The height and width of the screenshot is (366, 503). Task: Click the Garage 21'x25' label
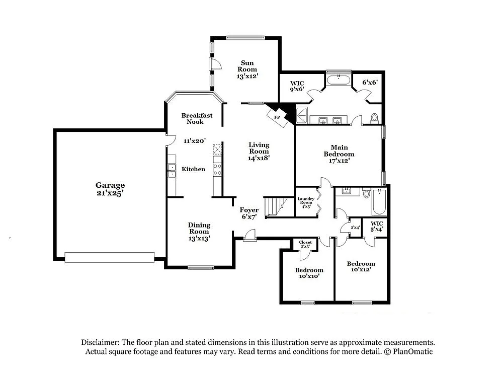(110, 189)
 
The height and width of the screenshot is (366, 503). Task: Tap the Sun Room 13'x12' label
(247, 69)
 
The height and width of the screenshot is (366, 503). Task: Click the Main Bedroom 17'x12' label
(339, 154)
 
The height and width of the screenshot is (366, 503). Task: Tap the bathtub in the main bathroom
(339, 79)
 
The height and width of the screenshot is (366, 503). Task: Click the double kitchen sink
(172, 170)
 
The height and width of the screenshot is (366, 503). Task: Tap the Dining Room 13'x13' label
(199, 232)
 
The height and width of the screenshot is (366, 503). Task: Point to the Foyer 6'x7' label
(249, 213)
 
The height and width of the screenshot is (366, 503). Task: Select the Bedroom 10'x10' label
(309, 273)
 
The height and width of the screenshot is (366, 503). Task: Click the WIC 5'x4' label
(377, 226)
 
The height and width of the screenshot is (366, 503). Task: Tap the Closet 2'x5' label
(305, 245)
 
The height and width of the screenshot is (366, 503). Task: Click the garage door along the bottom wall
(110, 257)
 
